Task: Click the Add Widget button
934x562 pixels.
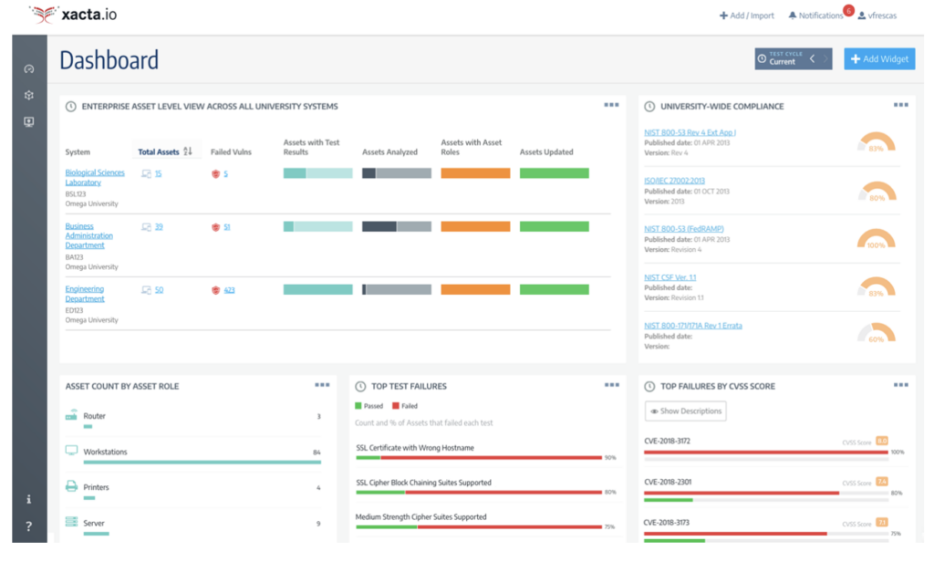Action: pos(879,59)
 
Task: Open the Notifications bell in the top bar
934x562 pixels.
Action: pos(815,16)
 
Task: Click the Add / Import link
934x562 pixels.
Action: pos(747,16)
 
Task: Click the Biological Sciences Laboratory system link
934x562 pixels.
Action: pos(94,177)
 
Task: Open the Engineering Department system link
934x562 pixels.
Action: pos(84,294)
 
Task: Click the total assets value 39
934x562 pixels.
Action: pos(158,226)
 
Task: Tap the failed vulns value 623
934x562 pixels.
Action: pos(229,290)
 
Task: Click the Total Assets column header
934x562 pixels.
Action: pos(159,152)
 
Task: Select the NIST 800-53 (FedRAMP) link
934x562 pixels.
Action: pos(683,229)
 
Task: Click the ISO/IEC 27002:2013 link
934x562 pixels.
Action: pos(674,181)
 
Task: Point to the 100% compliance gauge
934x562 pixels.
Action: pos(877,239)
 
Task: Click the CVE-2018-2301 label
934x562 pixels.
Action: pos(667,483)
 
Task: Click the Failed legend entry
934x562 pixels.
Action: pos(406,406)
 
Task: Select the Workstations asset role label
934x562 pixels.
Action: pos(105,452)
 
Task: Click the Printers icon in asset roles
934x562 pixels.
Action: pos(71,487)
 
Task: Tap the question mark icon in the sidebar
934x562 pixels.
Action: pos(29,526)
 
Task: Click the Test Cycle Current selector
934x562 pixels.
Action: pos(782,59)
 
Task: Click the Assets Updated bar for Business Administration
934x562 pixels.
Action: pos(554,226)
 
